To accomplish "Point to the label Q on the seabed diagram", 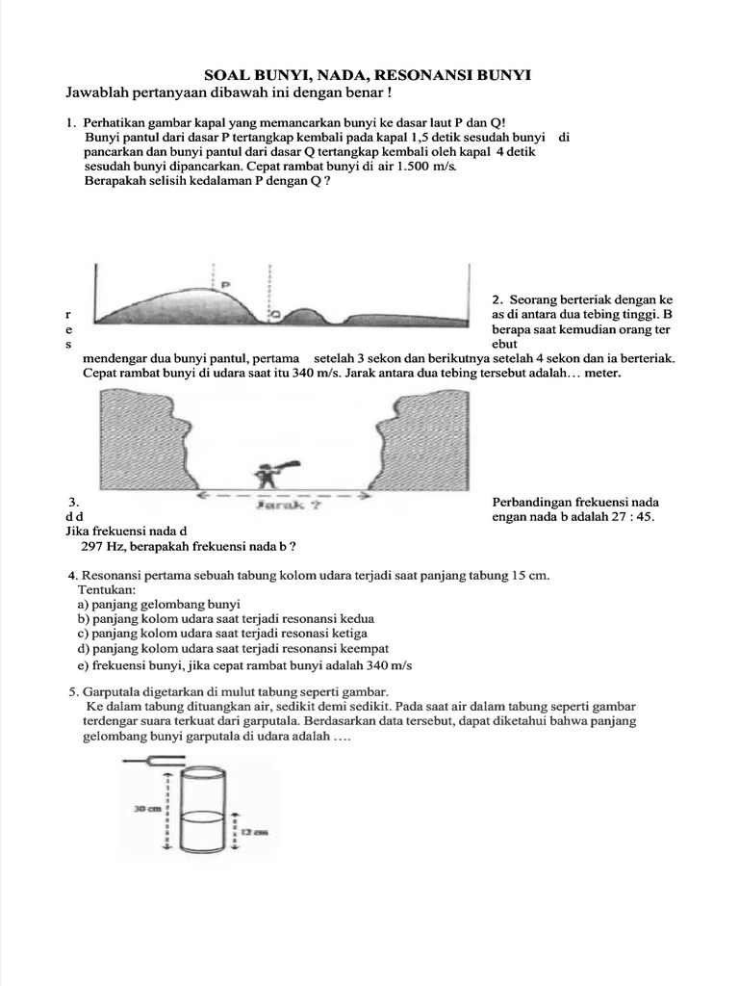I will point(275,313).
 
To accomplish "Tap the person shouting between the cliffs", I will point(268,476).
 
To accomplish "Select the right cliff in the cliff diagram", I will point(423,439).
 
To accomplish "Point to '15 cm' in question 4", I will point(529,575).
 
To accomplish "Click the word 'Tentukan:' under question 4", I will point(107,588).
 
